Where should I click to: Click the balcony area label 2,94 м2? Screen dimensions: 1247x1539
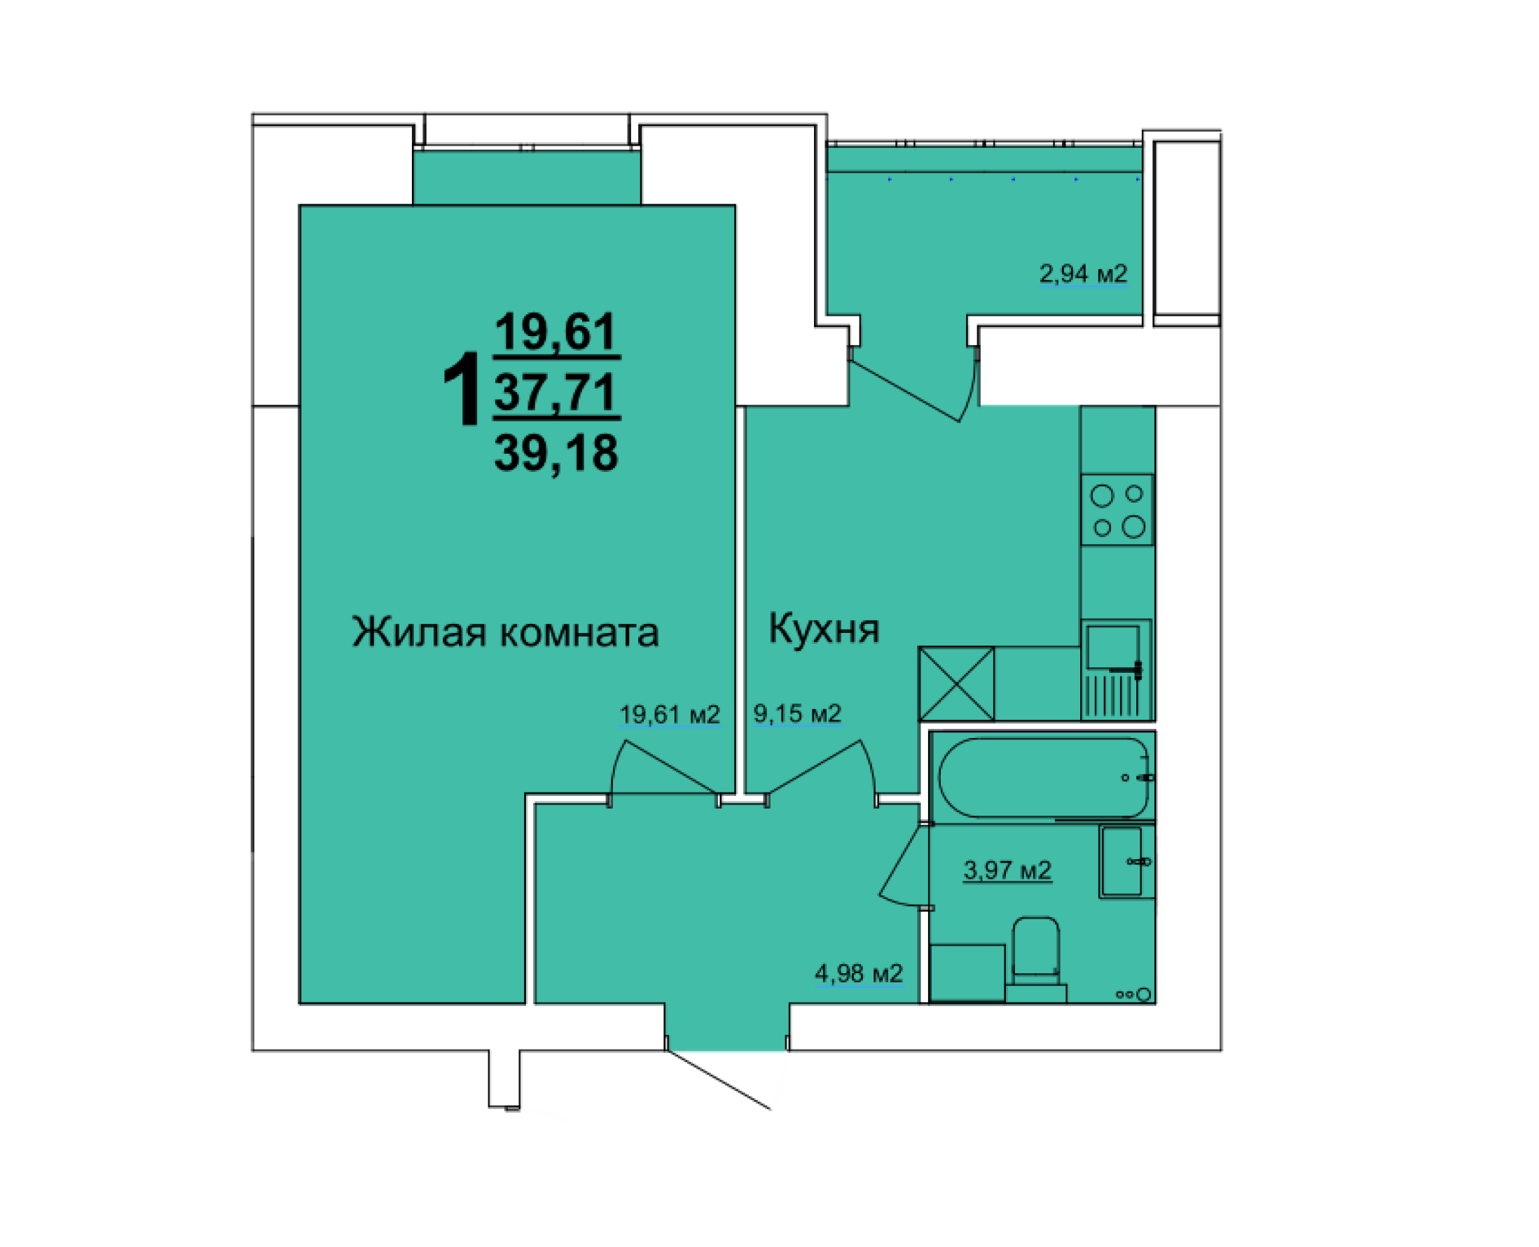click(x=1083, y=274)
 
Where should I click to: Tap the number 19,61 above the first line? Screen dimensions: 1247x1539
click(x=555, y=332)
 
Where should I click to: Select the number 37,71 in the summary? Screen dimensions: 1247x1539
click(x=555, y=392)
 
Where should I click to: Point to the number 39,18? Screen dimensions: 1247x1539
click(x=555, y=453)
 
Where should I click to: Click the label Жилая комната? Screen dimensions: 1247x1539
click(x=504, y=633)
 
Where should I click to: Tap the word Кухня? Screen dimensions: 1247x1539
click(x=823, y=629)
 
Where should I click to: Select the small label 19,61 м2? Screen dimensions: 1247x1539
click(x=669, y=715)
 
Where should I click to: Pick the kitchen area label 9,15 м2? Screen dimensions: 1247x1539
click(x=796, y=713)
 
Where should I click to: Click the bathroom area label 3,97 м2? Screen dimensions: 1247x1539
click(x=1007, y=870)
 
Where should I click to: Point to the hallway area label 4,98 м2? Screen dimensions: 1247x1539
click(x=858, y=973)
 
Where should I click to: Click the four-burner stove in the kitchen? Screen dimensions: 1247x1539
click(x=1117, y=510)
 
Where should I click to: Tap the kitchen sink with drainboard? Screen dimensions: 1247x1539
click(x=1117, y=669)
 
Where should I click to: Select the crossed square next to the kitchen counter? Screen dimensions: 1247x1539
click(x=956, y=683)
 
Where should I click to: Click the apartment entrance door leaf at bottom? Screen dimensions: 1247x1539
click(x=719, y=1080)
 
